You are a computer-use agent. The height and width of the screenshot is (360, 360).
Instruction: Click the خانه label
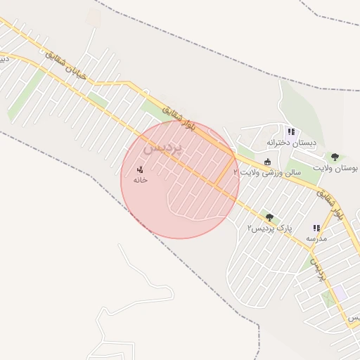click(141, 180)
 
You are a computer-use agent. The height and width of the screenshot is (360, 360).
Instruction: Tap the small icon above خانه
click(140, 169)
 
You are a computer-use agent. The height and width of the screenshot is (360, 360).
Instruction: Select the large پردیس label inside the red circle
click(163, 148)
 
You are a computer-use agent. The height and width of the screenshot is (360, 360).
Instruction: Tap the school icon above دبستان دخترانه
click(291, 131)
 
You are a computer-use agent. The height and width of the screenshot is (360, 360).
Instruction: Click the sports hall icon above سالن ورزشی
click(267, 162)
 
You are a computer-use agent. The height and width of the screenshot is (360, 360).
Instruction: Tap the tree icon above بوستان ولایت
click(335, 157)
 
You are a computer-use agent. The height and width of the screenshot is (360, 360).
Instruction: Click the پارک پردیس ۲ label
click(269, 229)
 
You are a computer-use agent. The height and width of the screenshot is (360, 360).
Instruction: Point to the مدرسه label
click(316, 239)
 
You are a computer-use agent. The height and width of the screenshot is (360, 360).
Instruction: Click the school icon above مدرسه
click(316, 229)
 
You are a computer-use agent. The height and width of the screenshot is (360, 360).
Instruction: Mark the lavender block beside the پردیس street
click(340, 290)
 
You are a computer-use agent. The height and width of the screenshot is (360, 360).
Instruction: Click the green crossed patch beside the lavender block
click(326, 298)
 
